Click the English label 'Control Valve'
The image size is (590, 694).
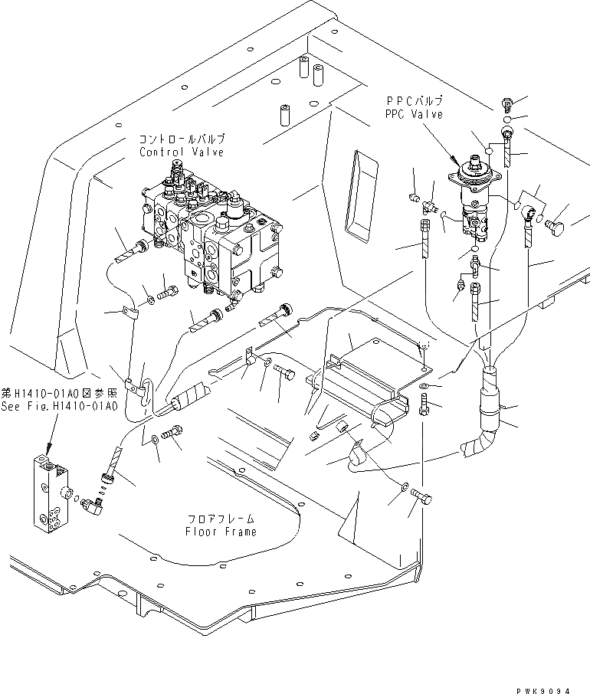(x=182, y=152)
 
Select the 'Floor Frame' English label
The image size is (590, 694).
(x=221, y=531)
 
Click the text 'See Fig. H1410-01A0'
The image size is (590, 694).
(x=59, y=408)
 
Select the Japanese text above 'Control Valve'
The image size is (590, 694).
(x=182, y=140)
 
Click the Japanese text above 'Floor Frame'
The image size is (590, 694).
(x=221, y=519)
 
